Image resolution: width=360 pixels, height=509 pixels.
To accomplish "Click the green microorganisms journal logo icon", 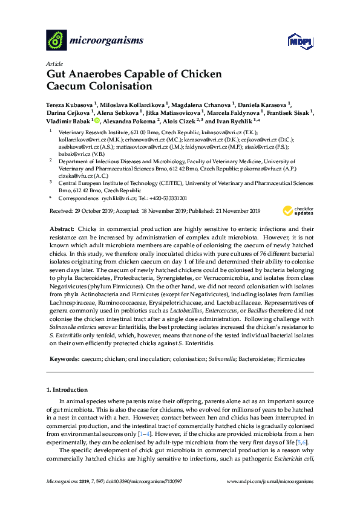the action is (56, 41).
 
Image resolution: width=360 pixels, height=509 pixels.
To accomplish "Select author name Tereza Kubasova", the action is (70, 103).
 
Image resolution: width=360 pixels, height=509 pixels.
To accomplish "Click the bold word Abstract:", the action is (61, 229).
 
